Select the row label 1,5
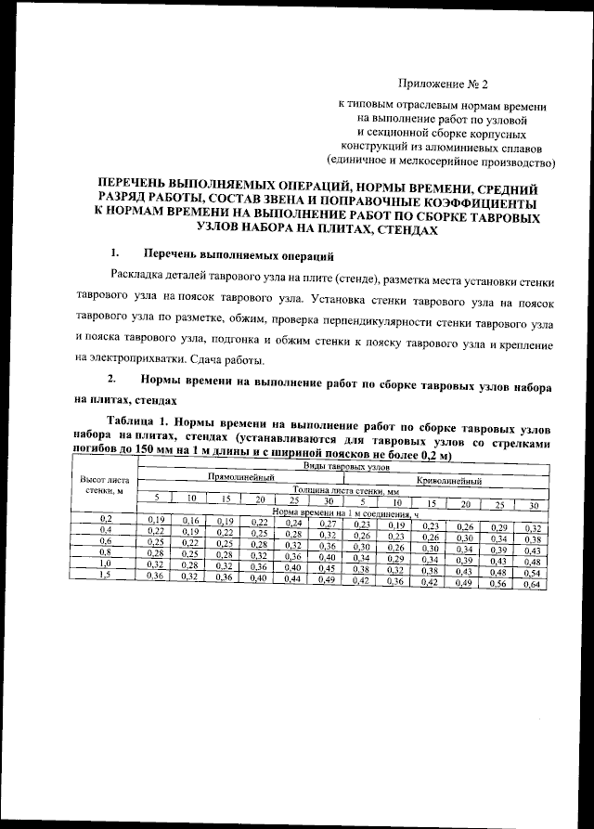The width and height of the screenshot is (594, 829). (105, 576)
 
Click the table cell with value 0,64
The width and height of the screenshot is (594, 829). (532, 584)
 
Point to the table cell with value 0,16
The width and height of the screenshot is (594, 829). (192, 521)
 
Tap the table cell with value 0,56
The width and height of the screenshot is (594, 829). (499, 583)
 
